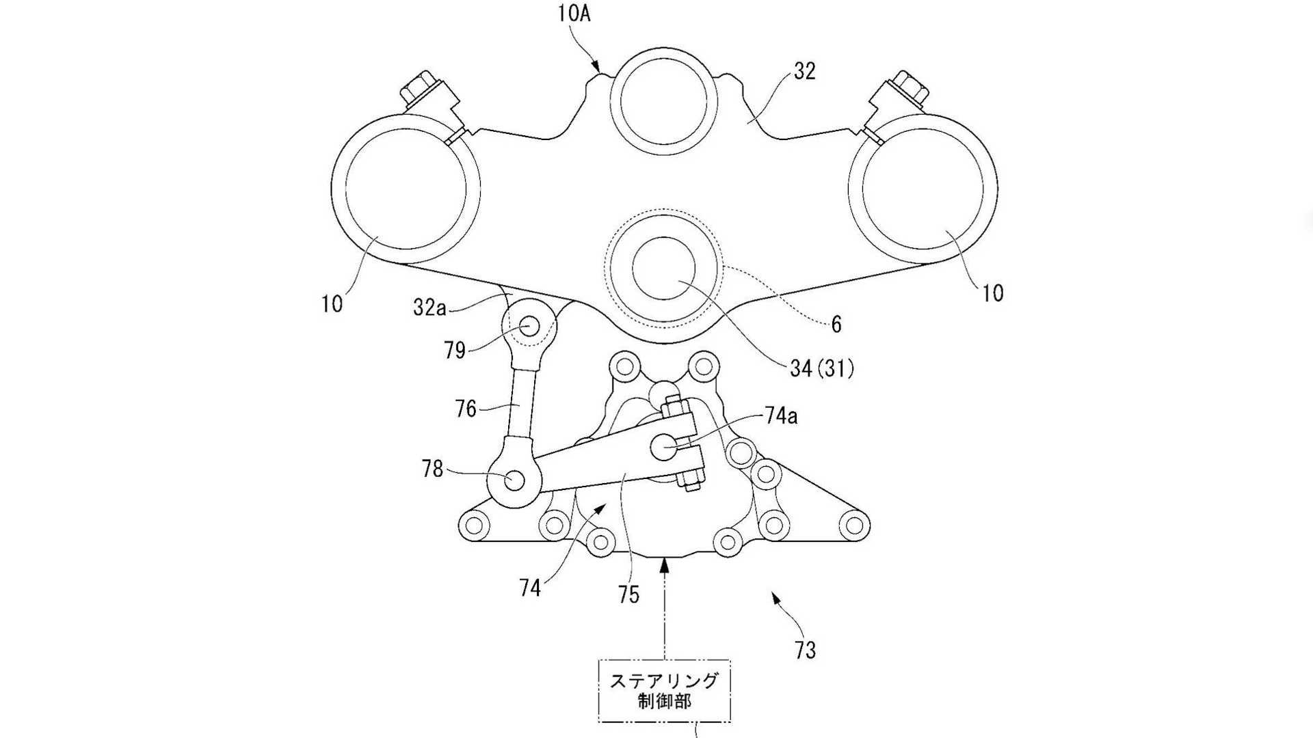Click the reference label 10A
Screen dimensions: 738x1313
(x=573, y=14)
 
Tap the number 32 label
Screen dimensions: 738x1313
(x=804, y=71)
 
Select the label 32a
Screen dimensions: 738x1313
(x=429, y=307)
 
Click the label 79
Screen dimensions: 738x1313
(x=455, y=351)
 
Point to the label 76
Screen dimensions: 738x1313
(x=466, y=409)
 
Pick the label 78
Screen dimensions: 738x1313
(x=433, y=469)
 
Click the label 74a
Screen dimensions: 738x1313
(x=780, y=416)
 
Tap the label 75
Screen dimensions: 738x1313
(x=628, y=594)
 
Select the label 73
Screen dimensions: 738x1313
(x=806, y=650)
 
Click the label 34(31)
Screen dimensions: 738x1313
(x=822, y=369)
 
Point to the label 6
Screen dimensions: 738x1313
(x=836, y=325)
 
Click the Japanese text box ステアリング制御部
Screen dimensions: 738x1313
(x=664, y=690)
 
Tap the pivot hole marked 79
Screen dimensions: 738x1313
(x=529, y=326)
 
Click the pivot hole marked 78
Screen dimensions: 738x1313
(x=514, y=481)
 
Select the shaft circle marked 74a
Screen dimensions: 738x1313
(x=663, y=448)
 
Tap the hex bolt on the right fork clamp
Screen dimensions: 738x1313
(x=909, y=89)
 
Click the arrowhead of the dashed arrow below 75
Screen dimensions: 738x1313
(x=664, y=562)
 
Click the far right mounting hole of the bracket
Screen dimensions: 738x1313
(x=853, y=525)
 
